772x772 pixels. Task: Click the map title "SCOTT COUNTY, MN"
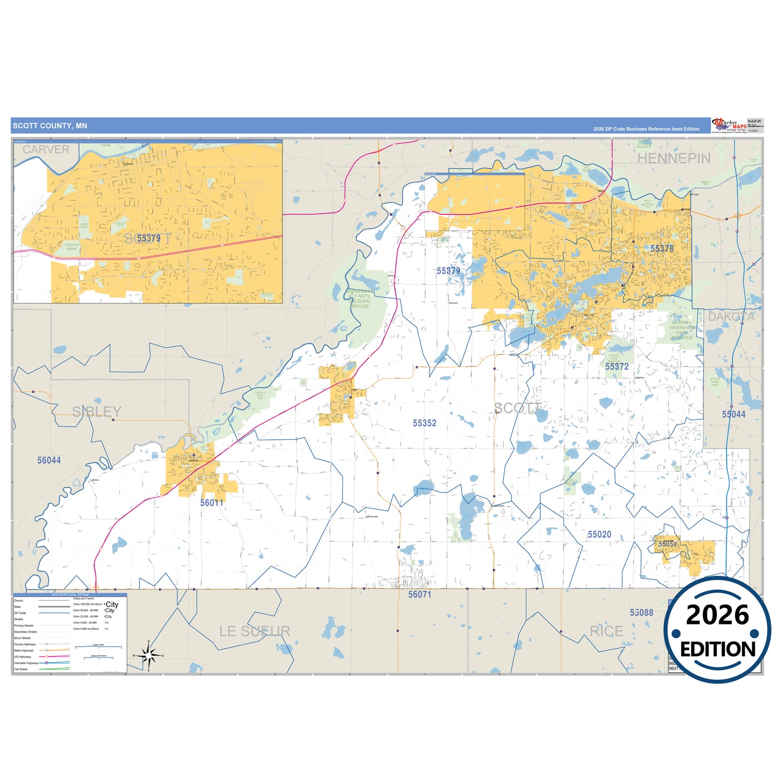click(50, 126)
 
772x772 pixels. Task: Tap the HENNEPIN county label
click(674, 159)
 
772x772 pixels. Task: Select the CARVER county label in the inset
click(46, 150)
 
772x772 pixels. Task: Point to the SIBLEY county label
click(97, 412)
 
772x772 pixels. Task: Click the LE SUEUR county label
click(255, 631)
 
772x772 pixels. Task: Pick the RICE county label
click(606, 631)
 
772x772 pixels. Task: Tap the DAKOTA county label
click(731, 317)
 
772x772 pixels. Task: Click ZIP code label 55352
click(424, 423)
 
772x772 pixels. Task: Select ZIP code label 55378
click(661, 248)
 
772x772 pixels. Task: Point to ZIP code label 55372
click(617, 367)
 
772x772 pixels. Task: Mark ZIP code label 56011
click(212, 503)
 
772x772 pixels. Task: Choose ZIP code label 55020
click(599, 535)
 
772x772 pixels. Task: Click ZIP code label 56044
click(49, 461)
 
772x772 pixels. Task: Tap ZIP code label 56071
click(419, 595)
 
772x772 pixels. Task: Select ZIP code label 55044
click(733, 415)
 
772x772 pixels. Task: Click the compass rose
click(149, 655)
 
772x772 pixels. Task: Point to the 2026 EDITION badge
click(717, 630)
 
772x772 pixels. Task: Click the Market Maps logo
click(729, 126)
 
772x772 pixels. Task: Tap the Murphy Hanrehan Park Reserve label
click(681, 330)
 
